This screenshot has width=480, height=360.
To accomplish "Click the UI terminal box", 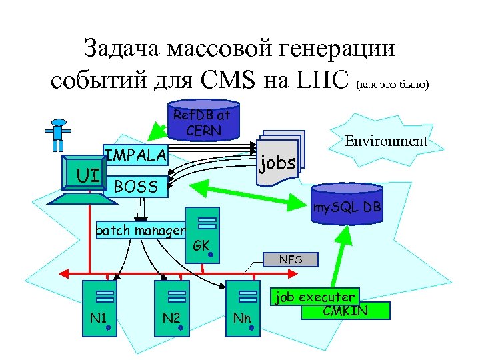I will (84, 175).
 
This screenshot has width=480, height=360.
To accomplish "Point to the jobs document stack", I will (278, 159).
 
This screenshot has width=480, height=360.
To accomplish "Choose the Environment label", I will (385, 141).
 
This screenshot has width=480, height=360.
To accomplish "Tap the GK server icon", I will (205, 234).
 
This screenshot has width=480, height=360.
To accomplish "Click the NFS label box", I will (290, 259).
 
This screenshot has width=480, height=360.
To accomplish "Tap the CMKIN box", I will (345, 310).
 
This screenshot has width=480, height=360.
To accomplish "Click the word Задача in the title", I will (122, 48).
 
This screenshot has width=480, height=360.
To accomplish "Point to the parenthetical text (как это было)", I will (393, 85).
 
